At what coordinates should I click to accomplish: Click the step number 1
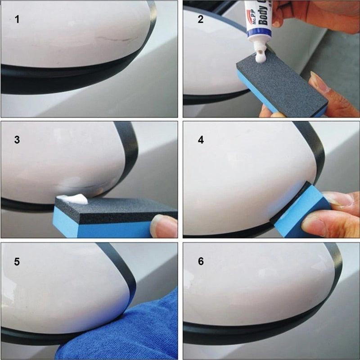coord(17,20)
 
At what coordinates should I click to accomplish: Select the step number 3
coord(17,139)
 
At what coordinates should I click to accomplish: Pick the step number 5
coord(17,261)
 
